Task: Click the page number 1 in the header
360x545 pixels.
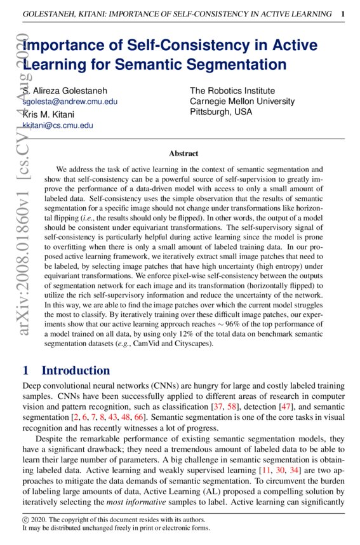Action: [343, 13]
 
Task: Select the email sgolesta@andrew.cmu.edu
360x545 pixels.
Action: [70, 102]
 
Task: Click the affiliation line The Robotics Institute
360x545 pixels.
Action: [232, 91]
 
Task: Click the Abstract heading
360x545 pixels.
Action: [183, 154]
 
